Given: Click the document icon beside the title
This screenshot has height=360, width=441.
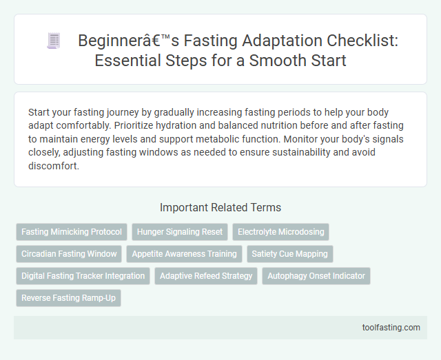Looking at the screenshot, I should point(54,41).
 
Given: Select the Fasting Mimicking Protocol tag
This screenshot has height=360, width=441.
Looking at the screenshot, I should point(72,232).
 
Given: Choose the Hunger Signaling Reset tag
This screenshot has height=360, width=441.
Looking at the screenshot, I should point(179,232).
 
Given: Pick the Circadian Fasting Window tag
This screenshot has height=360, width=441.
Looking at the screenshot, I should point(69,254).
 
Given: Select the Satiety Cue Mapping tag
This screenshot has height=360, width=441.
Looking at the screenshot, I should point(289,254).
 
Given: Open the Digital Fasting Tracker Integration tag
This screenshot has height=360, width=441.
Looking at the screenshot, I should point(83,276).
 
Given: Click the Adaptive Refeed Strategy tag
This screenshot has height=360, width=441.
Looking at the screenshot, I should point(205,276).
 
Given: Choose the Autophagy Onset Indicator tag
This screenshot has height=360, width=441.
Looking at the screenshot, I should point(316,276).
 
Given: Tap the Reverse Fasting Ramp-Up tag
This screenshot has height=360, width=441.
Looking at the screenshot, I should point(68,298).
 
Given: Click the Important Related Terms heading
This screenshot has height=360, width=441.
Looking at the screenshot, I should point(220,207).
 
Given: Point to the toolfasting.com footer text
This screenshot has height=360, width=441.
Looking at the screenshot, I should point(390,328).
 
